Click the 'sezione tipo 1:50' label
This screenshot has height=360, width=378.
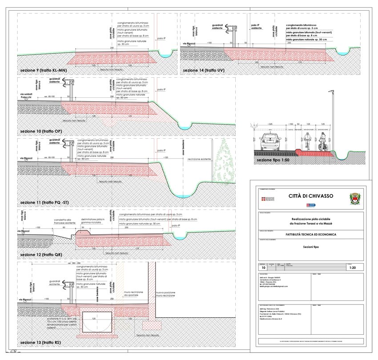point(273,160)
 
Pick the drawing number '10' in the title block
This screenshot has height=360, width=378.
point(263,268)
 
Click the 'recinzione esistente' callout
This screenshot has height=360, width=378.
point(199,159)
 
